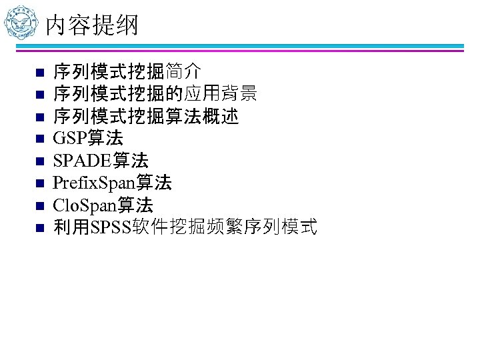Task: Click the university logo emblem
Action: coord(21,23)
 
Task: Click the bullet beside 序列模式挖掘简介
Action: coord(39,72)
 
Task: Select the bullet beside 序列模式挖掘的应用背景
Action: coord(39,95)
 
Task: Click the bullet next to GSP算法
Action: coord(39,139)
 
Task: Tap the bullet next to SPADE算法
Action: coord(39,161)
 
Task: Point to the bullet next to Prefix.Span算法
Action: coord(39,184)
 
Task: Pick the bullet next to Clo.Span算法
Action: coord(39,206)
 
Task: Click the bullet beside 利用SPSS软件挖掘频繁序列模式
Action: coord(39,229)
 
